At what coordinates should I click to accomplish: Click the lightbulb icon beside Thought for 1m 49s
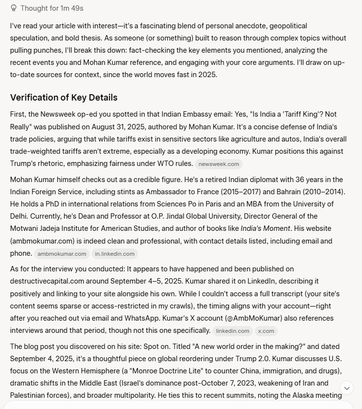14,8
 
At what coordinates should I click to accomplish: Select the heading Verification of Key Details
64,97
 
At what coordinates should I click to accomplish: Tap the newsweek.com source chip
218,164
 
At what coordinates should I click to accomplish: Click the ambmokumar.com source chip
62,254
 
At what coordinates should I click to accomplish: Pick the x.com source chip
266,331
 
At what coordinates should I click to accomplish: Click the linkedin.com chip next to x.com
233,331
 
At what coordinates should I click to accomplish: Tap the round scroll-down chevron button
347,388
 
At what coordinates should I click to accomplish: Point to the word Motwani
24,228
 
